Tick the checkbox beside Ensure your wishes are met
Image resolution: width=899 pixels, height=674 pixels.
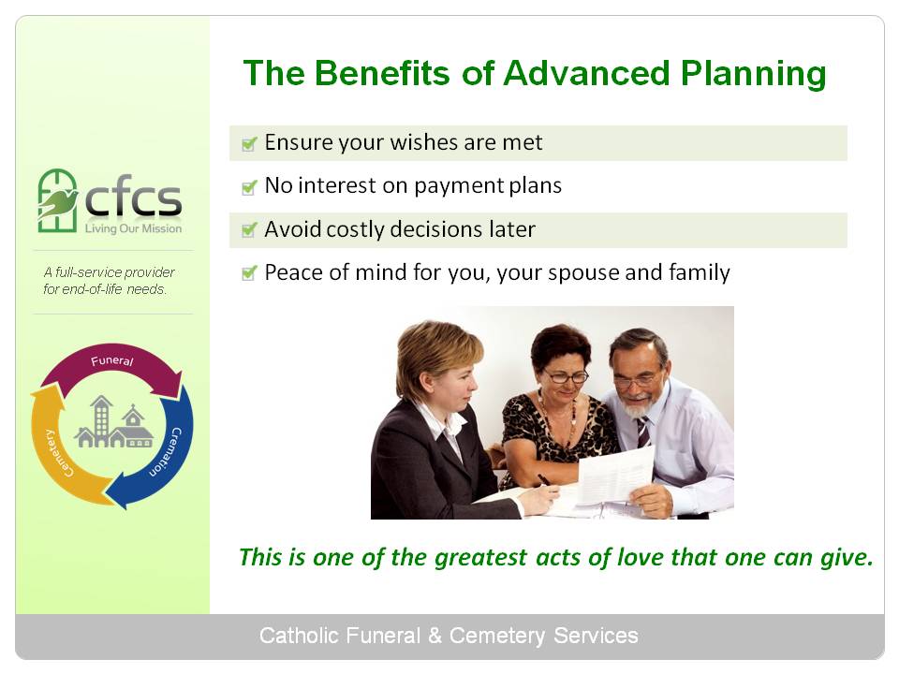coord(249,144)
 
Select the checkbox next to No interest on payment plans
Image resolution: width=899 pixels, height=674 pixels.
coord(249,187)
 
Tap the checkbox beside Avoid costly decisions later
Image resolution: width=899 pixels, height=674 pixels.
coord(249,230)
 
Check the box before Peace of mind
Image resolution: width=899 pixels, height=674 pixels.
coord(249,273)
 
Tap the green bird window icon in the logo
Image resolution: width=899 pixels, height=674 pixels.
coord(57,200)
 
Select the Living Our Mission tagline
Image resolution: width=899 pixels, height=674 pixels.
coord(133,228)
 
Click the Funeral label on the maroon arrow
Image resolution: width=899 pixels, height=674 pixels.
coord(111,360)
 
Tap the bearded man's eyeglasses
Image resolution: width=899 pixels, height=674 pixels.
coord(636,381)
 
